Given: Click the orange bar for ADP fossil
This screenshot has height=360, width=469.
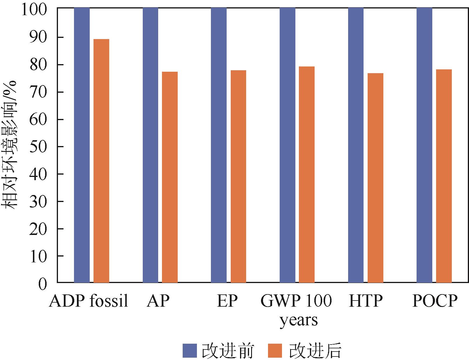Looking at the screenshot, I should click(x=101, y=161).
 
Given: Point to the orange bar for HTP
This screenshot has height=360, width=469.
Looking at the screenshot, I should click(x=375, y=178).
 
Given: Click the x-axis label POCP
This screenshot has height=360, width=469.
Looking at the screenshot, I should click(x=435, y=301).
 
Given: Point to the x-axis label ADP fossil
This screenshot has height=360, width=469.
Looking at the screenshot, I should click(x=89, y=301).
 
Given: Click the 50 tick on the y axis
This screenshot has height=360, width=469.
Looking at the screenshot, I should click(x=38, y=147).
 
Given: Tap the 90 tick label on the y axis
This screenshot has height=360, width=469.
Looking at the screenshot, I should click(x=38, y=37).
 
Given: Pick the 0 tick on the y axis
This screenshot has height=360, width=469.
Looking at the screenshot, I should click(x=42, y=283).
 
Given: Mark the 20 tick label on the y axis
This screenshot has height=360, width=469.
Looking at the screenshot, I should click(x=38, y=229).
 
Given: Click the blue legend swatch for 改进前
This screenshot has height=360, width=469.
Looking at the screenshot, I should click(x=190, y=350).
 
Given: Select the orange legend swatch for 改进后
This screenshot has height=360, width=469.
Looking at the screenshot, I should click(x=275, y=350).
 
